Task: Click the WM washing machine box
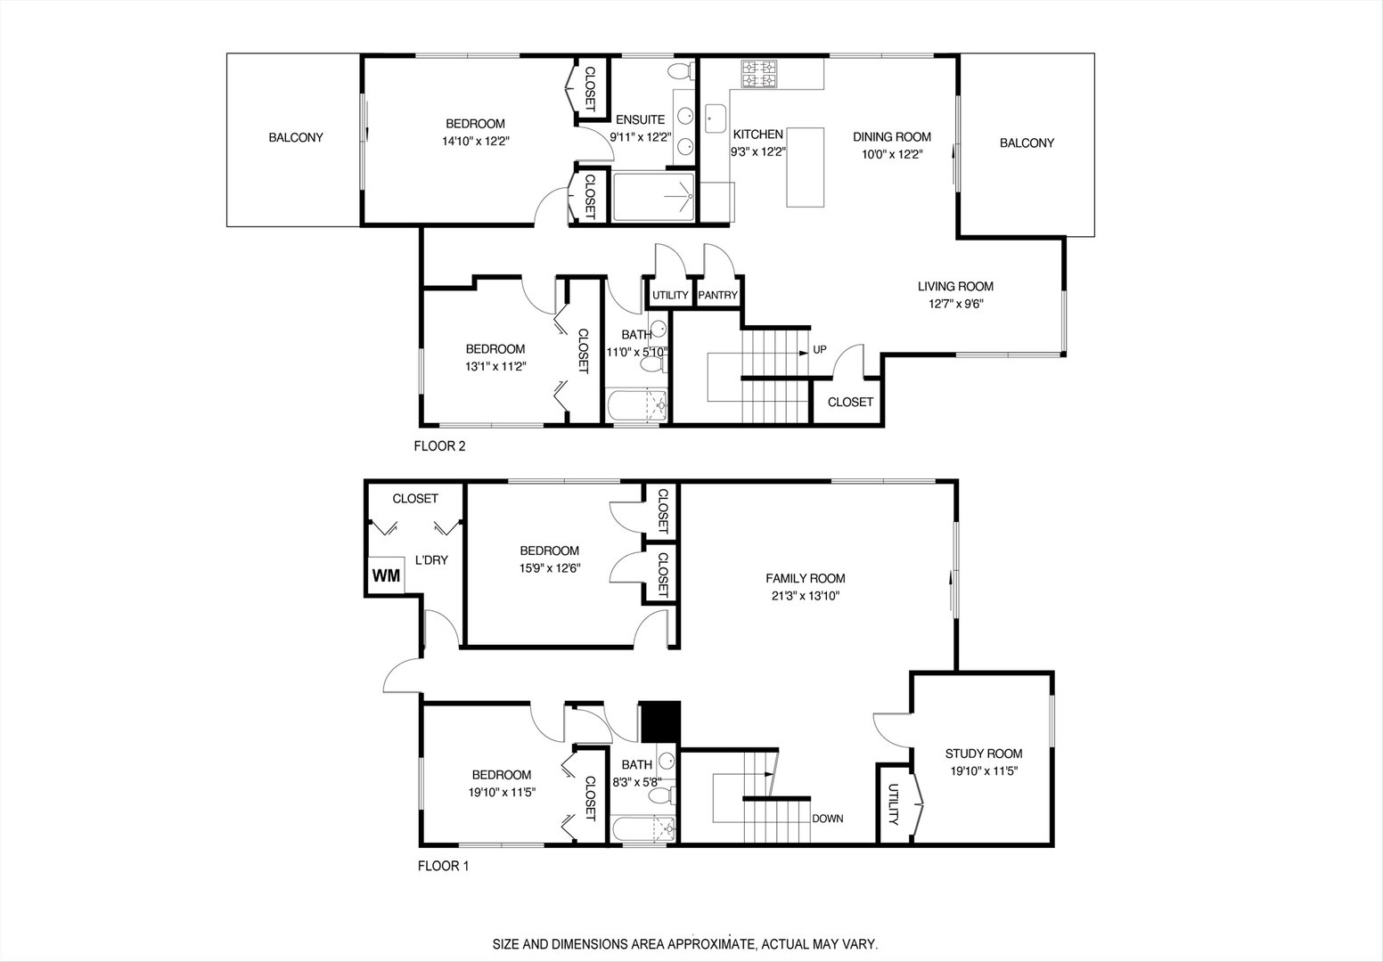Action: pyautogui.click(x=386, y=575)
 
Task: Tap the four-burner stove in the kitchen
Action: pyautogui.click(x=759, y=73)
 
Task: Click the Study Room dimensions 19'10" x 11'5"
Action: pyautogui.click(x=983, y=772)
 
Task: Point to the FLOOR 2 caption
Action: pyautogui.click(x=439, y=446)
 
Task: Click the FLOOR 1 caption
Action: pyautogui.click(x=443, y=865)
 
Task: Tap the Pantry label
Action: pyautogui.click(x=718, y=296)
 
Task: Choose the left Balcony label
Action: pyautogui.click(x=296, y=138)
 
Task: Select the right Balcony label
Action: pyautogui.click(x=1027, y=143)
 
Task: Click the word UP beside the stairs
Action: pyautogui.click(x=819, y=349)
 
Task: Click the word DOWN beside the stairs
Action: pyautogui.click(x=827, y=819)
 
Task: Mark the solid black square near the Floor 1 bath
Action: pyautogui.click(x=660, y=721)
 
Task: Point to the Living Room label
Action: pyautogui.click(x=955, y=286)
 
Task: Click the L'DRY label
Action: pyautogui.click(x=431, y=560)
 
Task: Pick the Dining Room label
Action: pyautogui.click(x=891, y=136)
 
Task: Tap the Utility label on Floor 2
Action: pyautogui.click(x=670, y=296)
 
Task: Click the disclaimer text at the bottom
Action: pyautogui.click(x=686, y=942)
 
